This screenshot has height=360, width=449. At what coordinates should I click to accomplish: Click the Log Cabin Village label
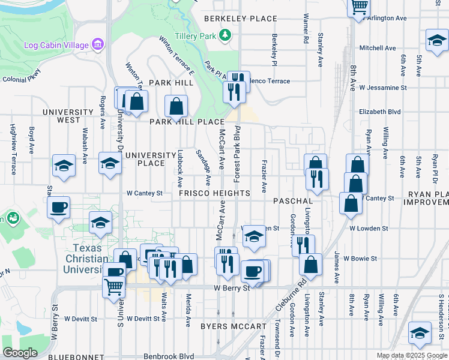56,45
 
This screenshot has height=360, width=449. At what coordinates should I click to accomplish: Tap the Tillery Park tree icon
225,35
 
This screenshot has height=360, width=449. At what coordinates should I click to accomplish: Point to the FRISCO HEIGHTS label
214,193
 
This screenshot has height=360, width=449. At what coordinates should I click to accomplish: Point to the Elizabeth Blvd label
379,112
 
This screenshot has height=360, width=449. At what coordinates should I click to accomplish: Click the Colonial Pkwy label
20,79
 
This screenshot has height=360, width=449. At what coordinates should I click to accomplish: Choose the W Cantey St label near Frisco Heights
145,193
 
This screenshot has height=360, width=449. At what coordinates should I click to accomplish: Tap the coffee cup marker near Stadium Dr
58,208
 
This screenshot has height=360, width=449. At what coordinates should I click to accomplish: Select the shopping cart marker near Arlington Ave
358,7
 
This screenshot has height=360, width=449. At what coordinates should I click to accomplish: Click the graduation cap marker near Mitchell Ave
436,41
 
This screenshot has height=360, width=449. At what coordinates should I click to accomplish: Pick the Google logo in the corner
20,353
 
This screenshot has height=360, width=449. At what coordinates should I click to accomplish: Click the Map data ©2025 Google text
412,355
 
